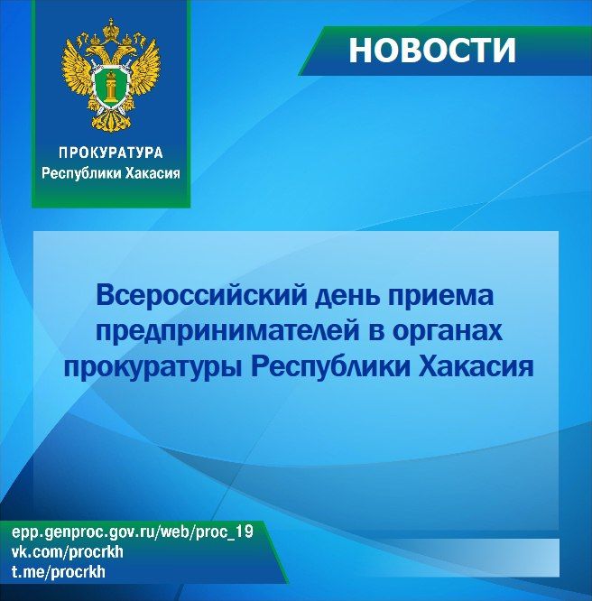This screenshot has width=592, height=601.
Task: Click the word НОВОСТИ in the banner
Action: pos(432,51)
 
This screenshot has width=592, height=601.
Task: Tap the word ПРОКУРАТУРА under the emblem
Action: pos(111,153)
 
